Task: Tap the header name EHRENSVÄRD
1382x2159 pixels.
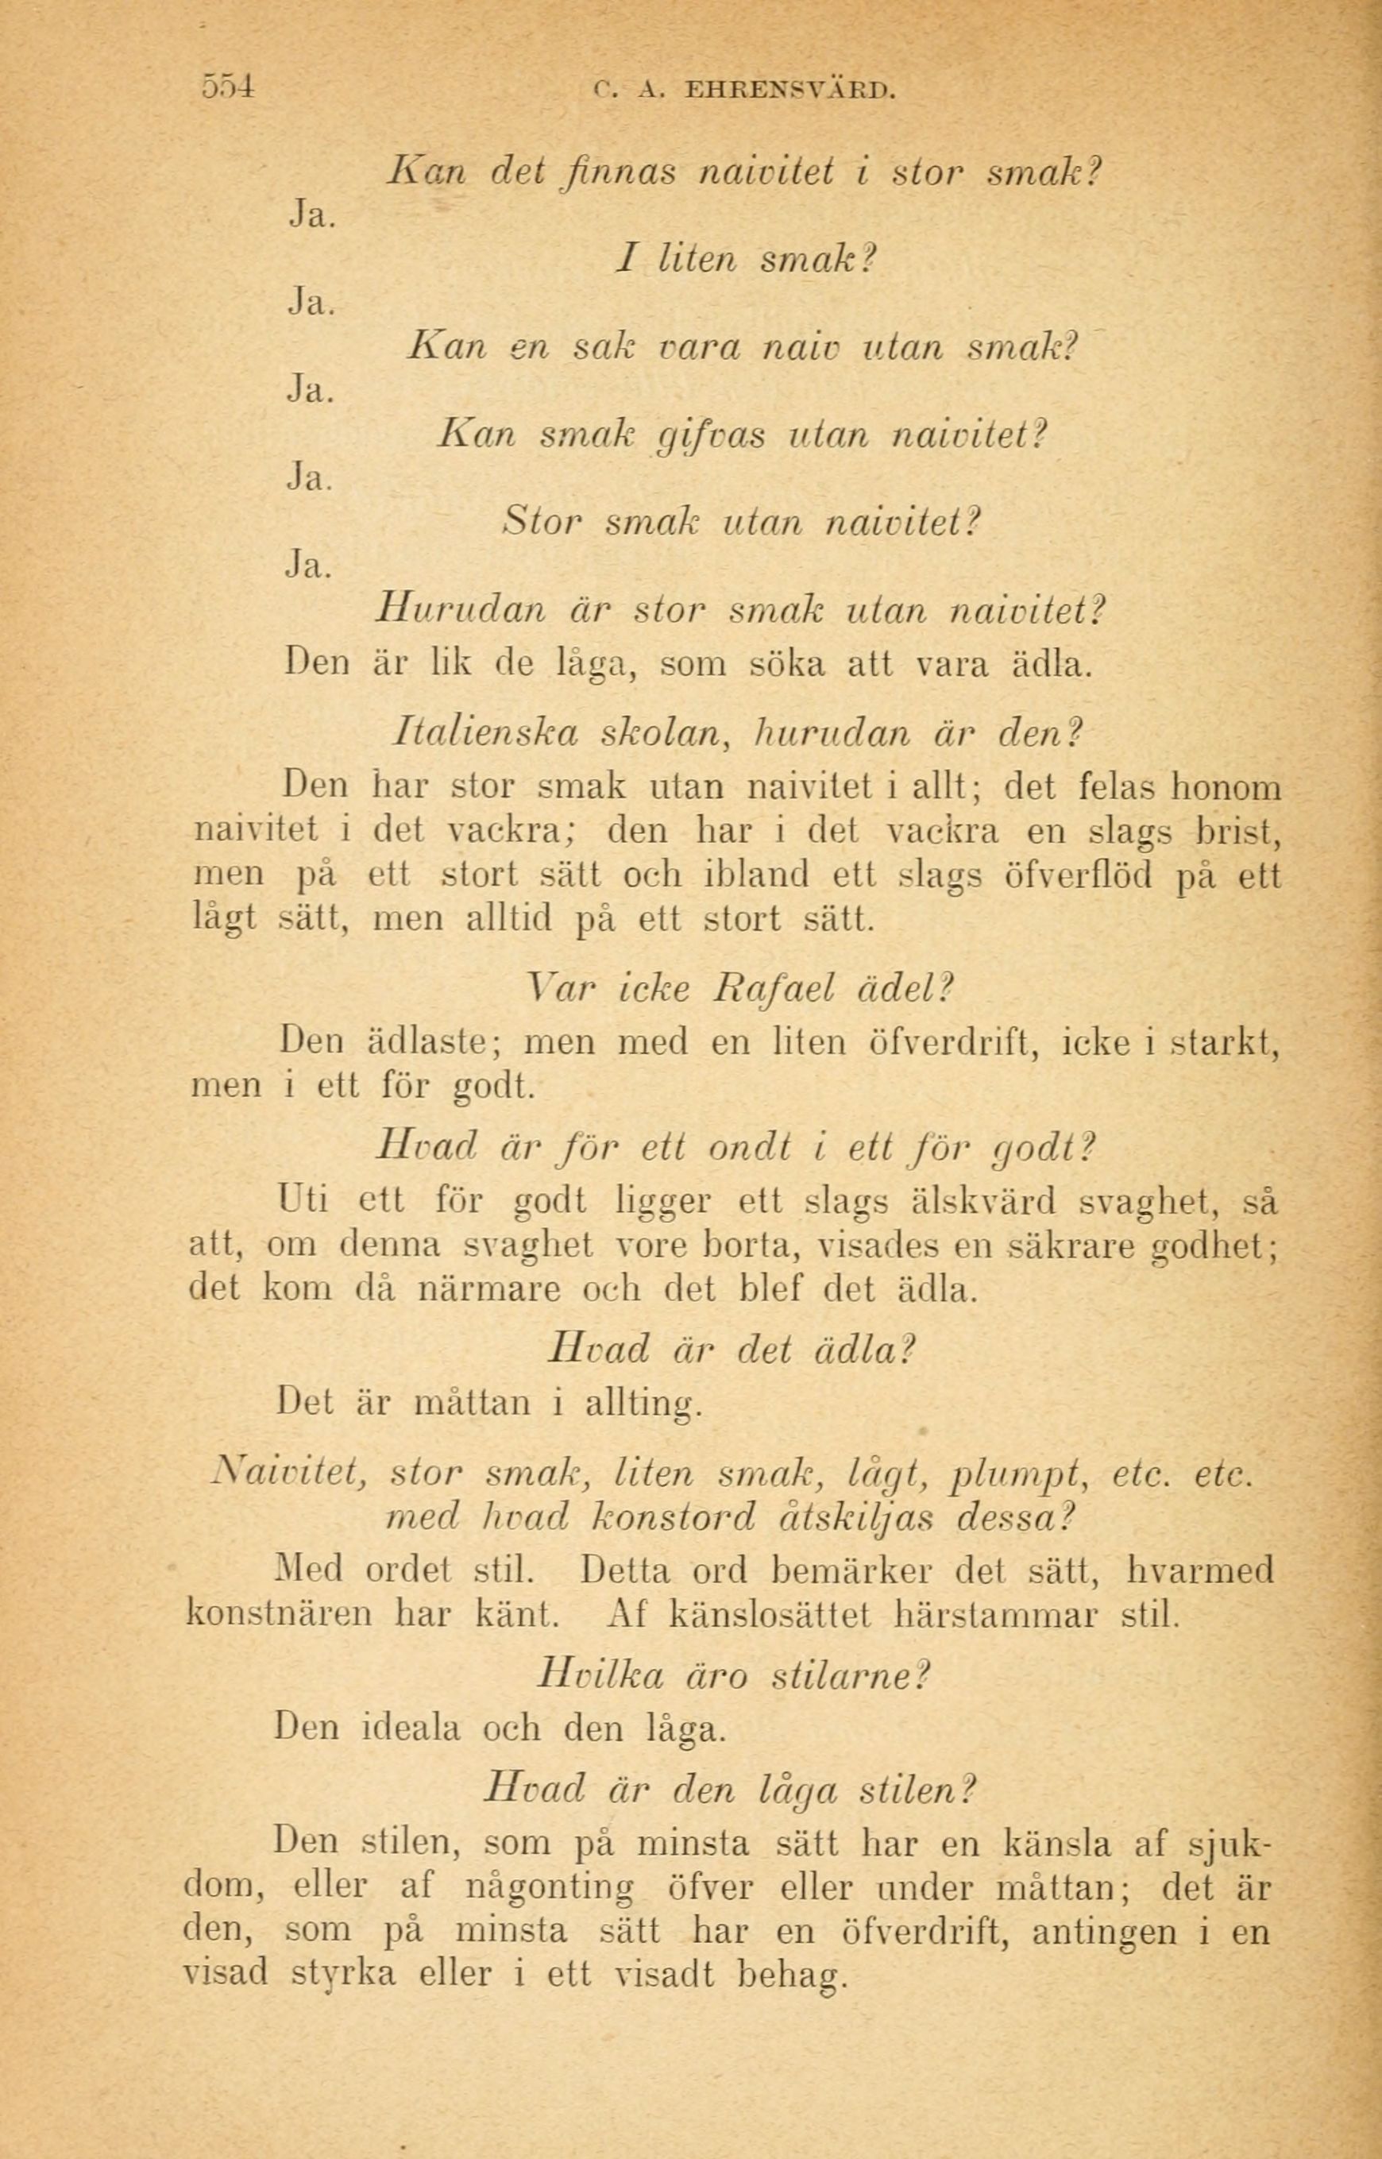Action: point(789,90)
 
